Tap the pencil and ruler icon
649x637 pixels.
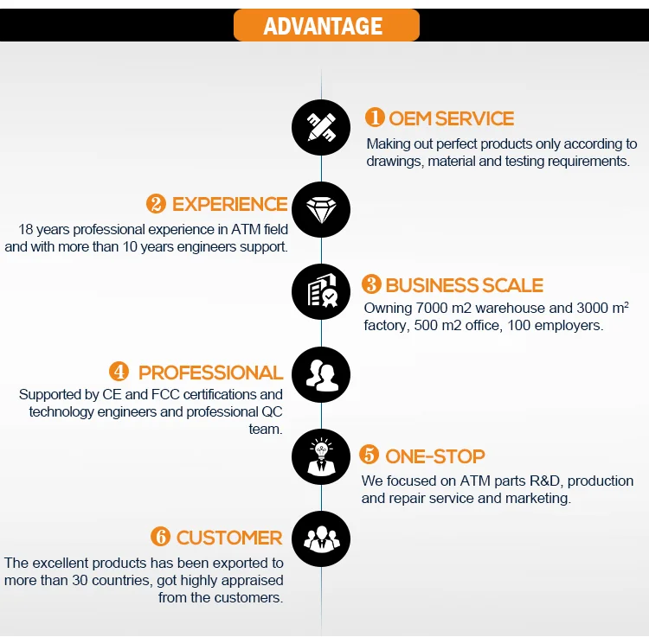click(x=321, y=127)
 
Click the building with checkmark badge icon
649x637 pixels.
click(x=321, y=294)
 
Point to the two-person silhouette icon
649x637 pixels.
click(x=321, y=376)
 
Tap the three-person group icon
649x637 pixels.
click(x=321, y=538)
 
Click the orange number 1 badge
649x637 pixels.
click(x=374, y=118)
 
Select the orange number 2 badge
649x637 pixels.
click(x=156, y=204)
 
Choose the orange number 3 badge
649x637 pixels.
click(x=371, y=284)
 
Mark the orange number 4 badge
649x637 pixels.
click(x=119, y=372)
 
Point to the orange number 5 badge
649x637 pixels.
click(x=369, y=455)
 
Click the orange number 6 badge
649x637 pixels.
click(x=160, y=537)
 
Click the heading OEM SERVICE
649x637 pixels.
click(x=451, y=118)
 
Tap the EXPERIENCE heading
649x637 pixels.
click(x=229, y=204)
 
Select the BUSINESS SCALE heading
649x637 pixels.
click(x=464, y=285)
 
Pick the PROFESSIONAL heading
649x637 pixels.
click(x=210, y=373)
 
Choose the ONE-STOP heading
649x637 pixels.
click(x=434, y=456)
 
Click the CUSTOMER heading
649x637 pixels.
click(x=229, y=538)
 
